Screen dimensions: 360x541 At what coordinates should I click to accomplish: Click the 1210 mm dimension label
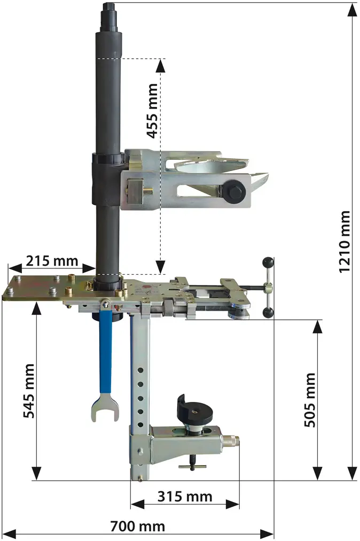click(345, 242)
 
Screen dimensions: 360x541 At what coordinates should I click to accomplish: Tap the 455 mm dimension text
click(152, 111)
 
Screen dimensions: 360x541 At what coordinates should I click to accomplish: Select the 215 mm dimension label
click(52, 261)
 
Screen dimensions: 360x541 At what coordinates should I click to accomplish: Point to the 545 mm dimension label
click(29, 391)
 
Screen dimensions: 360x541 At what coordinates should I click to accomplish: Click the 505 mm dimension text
click(310, 400)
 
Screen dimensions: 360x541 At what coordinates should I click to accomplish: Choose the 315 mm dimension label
click(185, 497)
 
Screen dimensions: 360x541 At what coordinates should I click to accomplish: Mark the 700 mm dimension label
click(138, 527)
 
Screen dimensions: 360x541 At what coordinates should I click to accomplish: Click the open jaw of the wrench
click(105, 408)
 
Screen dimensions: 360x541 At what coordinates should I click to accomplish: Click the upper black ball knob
click(268, 263)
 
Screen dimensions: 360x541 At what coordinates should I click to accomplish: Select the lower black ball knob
click(268, 313)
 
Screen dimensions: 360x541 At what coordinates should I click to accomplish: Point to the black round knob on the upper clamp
click(233, 191)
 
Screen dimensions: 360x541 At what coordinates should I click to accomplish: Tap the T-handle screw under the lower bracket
click(192, 462)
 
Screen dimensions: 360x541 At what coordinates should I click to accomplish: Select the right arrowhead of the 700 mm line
click(267, 534)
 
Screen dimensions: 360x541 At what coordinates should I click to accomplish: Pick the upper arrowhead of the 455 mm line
click(160, 66)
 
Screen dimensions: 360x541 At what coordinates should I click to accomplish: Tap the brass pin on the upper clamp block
click(148, 191)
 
